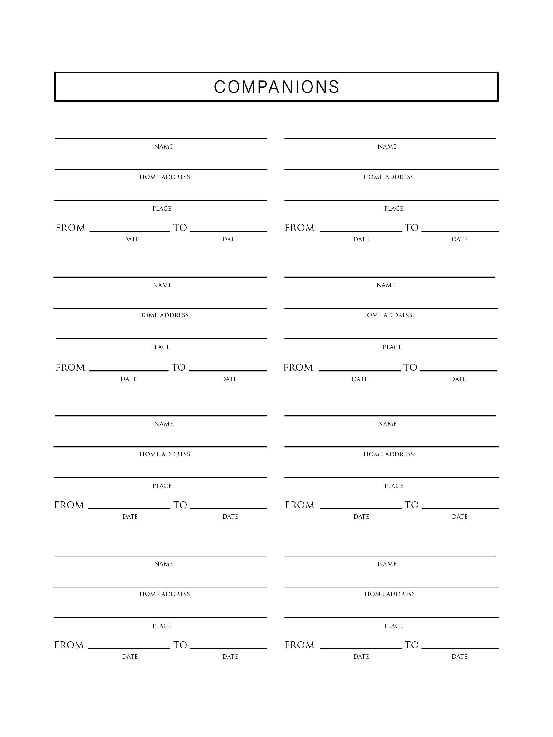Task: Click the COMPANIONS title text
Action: [276, 87]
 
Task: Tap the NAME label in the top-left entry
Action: [163, 146]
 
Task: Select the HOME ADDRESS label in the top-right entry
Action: [388, 177]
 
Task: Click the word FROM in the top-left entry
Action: [70, 228]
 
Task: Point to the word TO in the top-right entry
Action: [411, 228]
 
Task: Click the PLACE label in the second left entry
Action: [160, 347]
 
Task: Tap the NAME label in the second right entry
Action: [386, 285]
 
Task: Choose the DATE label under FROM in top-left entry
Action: [131, 239]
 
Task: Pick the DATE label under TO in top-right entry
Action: [459, 239]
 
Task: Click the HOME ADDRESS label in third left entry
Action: [165, 454]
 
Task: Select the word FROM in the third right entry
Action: [300, 505]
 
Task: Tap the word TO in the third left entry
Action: [180, 505]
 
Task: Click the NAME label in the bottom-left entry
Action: [163, 564]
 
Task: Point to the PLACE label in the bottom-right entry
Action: [394, 626]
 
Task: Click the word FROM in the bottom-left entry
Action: [69, 645]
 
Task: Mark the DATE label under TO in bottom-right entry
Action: [459, 657]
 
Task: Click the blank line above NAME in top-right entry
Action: [390, 138]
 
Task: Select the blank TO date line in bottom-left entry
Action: [228, 648]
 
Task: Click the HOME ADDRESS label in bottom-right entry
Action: [390, 594]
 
